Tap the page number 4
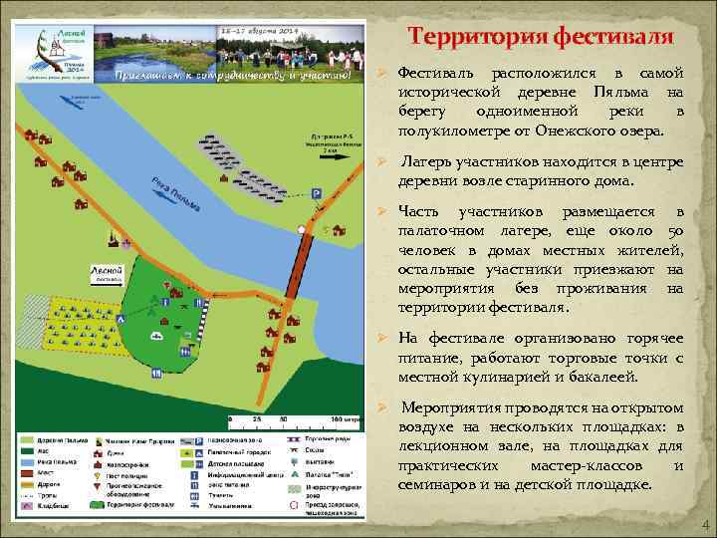(705, 525)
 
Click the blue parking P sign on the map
(316, 195)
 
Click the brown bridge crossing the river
(299, 270)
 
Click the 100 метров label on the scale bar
(345, 420)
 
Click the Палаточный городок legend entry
(231, 451)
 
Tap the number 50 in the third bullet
(674, 231)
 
